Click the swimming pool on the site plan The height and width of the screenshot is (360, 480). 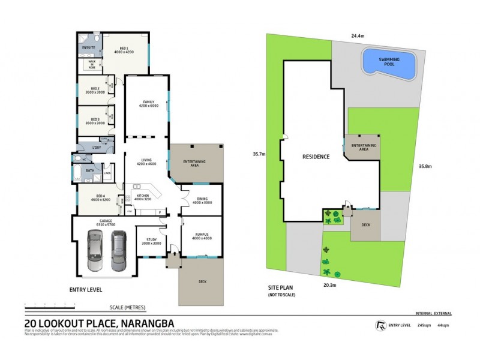click(388, 64)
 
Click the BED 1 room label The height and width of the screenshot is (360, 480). click(124, 50)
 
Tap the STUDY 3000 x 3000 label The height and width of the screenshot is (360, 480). click(151, 241)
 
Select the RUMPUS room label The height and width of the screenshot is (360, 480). click(202, 236)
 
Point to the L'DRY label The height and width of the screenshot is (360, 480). click(95, 147)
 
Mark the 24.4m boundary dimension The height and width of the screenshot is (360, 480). click(357, 36)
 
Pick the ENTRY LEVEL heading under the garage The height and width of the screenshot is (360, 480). click(85, 289)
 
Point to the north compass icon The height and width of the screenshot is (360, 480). click(379, 325)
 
